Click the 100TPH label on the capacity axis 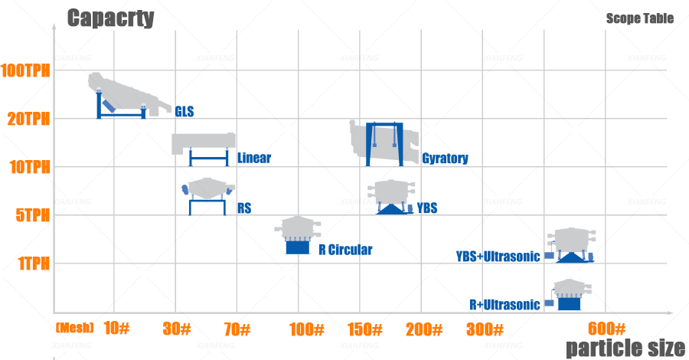[x=25, y=70]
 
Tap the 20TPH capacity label [x=28, y=119]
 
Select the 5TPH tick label [x=32, y=215]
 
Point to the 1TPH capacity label [x=34, y=263]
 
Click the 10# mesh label [x=116, y=328]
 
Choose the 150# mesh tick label [x=365, y=329]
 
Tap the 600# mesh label [x=606, y=329]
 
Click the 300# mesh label [x=485, y=329]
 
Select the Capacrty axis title [x=111, y=18]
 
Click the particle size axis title [x=625, y=348]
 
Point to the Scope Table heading [x=640, y=18]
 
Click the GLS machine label [x=184, y=112]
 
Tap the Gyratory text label [x=445, y=159]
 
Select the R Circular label [x=345, y=250]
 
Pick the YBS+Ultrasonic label [x=498, y=257]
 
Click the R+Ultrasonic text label [x=505, y=305]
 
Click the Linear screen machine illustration [x=204, y=149]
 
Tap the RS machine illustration [x=207, y=195]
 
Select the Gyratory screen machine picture [x=384, y=143]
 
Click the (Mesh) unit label [x=75, y=328]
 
